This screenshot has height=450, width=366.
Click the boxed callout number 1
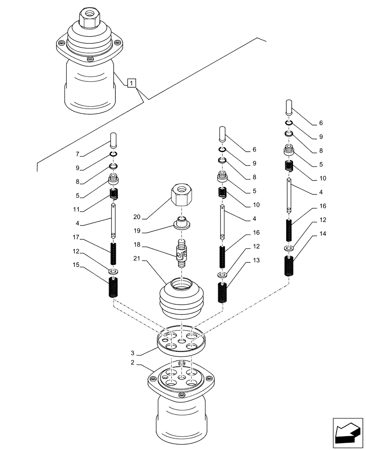coord(131,83)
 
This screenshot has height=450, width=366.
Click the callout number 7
coord(77,154)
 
